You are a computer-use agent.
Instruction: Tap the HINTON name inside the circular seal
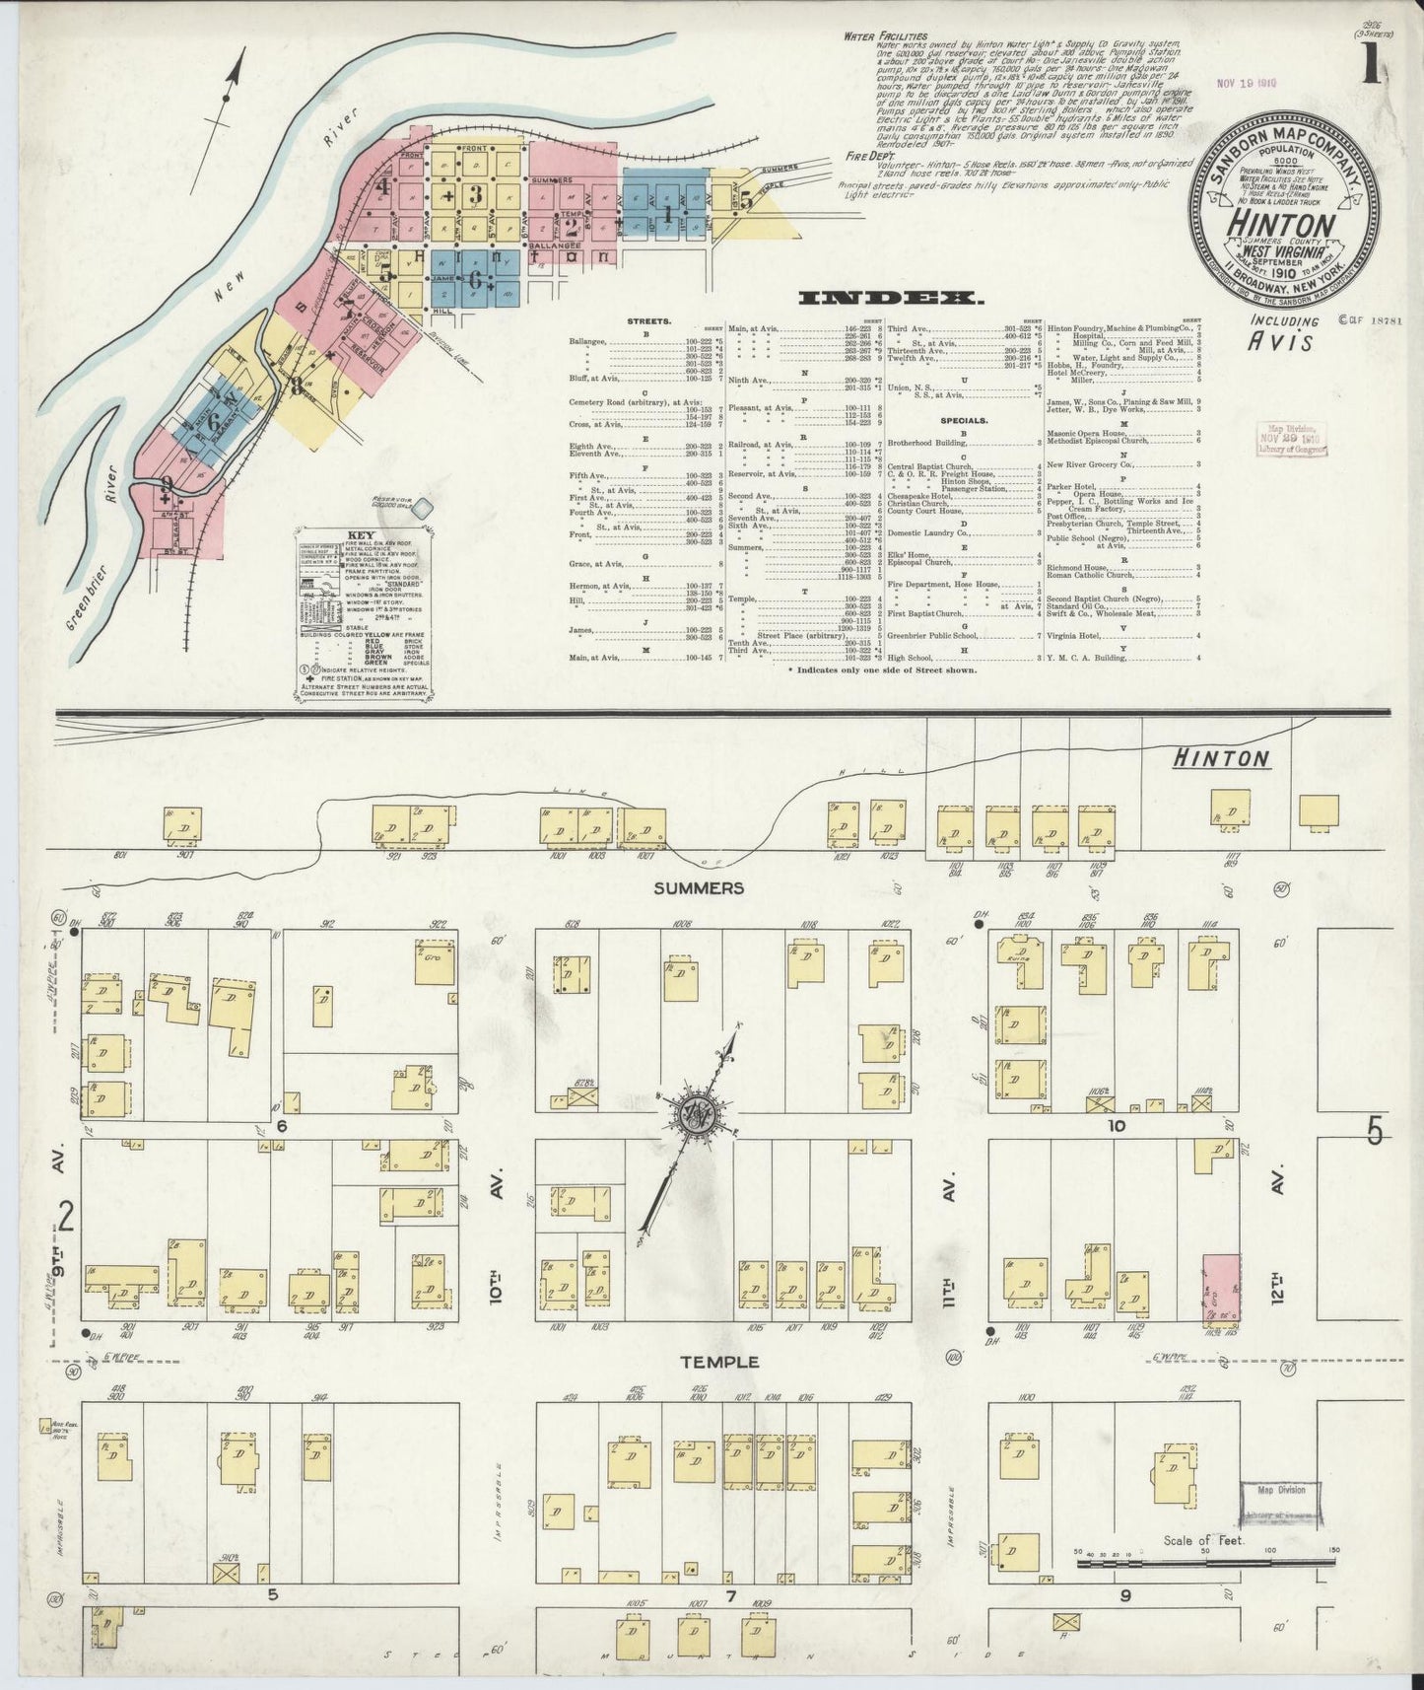click(x=1281, y=223)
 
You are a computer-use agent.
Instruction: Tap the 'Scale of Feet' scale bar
click(x=1202, y=1564)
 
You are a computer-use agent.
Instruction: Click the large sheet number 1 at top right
click(x=1369, y=68)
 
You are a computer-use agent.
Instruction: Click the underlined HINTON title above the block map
click(x=1221, y=758)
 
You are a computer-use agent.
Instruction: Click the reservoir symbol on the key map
click(x=423, y=508)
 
